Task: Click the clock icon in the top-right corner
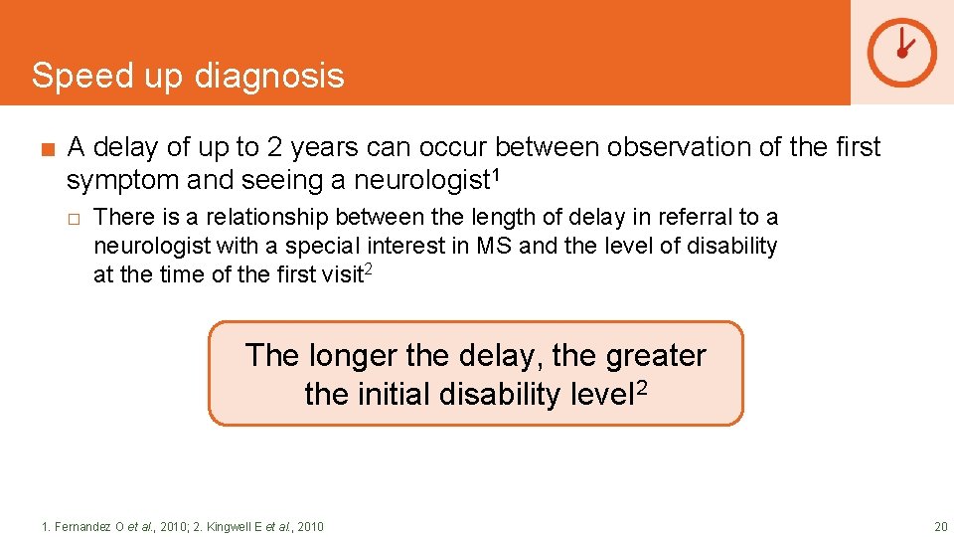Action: click(x=901, y=52)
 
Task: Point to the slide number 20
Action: click(x=939, y=526)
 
